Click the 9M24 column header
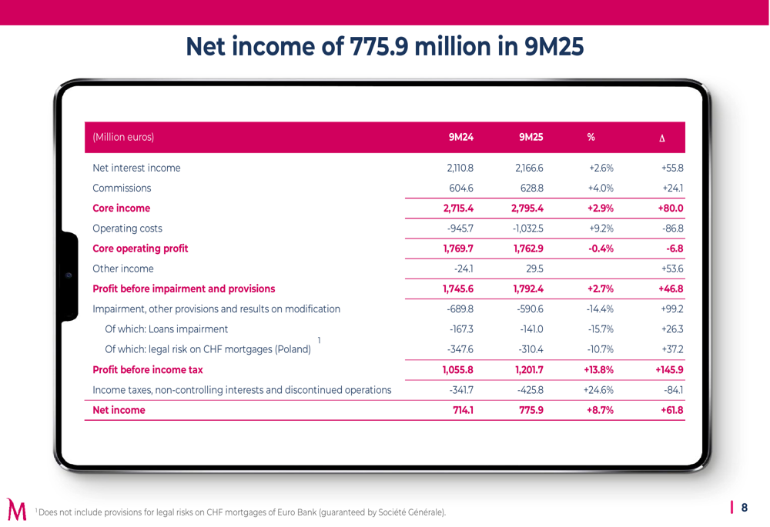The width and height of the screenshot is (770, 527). tap(460, 138)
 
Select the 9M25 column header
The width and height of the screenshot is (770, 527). tap(531, 138)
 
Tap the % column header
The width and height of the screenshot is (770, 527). tap(591, 138)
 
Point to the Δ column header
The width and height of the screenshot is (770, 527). tap(662, 138)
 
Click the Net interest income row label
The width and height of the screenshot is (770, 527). tap(136, 168)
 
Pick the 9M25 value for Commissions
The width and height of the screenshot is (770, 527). tap(531, 188)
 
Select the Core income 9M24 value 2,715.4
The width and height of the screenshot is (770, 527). tap(458, 208)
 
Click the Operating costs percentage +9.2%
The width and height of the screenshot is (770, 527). tap(601, 228)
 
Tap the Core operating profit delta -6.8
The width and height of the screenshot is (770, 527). tap(675, 248)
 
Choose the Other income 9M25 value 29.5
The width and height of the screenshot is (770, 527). tap(534, 269)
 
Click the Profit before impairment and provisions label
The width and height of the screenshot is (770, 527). tap(183, 289)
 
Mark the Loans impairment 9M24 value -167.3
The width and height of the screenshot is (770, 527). tap(460, 329)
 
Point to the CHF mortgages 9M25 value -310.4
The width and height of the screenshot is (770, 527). tap(531, 349)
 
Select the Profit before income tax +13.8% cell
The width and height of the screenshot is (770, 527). tap(599, 369)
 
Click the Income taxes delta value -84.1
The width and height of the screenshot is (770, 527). tap(674, 390)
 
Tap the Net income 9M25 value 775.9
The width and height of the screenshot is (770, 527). tap(531, 410)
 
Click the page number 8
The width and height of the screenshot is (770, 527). tap(744, 507)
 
